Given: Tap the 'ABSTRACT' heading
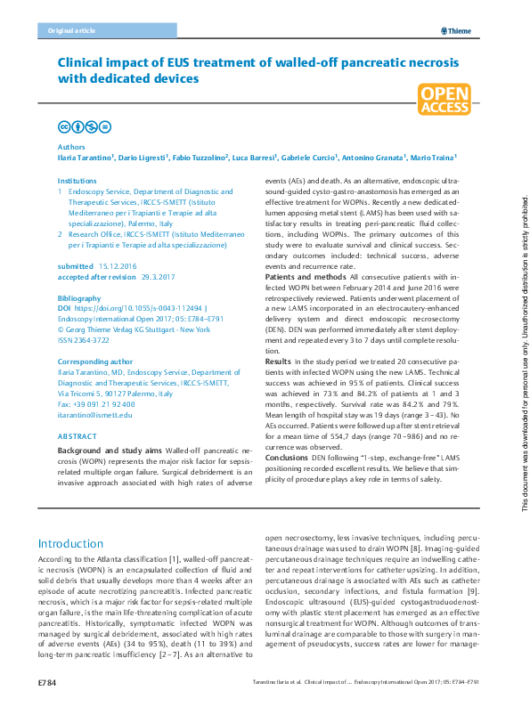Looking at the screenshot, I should click(77, 437).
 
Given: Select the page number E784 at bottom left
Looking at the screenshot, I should click(47, 682).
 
